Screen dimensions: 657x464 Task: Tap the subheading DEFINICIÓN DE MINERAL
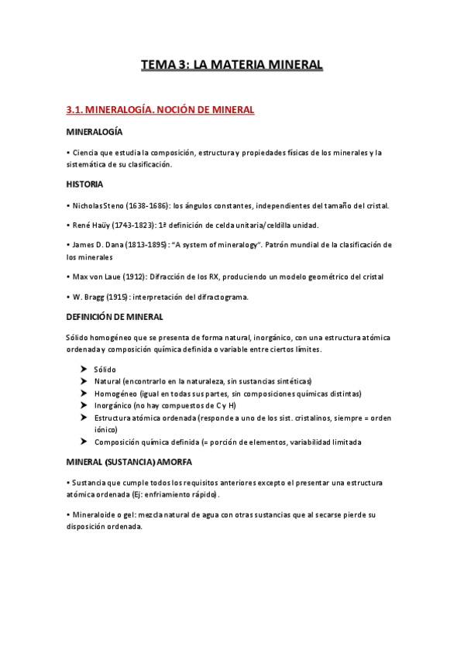(x=115, y=317)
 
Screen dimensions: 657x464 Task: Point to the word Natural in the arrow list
(x=108, y=381)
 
